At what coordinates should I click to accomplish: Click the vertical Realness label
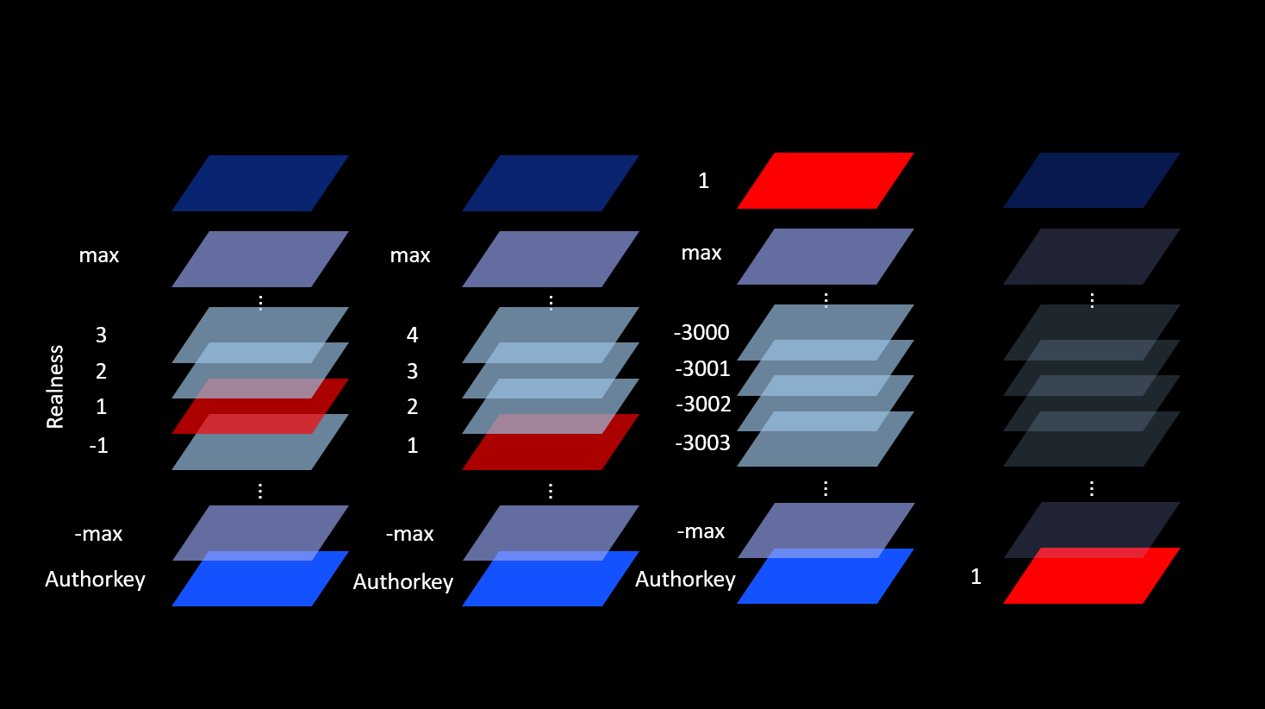tap(55, 386)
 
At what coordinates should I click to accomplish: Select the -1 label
tap(98, 445)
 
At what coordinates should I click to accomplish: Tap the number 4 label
tap(412, 335)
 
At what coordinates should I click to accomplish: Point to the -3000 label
tap(701, 332)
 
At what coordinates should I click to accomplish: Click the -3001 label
tap(702, 368)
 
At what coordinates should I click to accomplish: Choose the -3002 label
tap(703, 404)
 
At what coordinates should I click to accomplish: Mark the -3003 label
tap(702, 442)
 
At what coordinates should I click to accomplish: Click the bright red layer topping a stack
tap(825, 180)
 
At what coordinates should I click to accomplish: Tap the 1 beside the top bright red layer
tap(703, 180)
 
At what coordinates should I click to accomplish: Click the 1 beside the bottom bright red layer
tap(975, 576)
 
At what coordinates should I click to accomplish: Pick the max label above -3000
tap(701, 253)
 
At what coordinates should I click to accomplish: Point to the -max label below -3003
tap(701, 531)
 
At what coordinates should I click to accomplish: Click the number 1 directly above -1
tap(101, 406)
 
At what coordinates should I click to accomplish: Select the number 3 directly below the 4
tap(412, 371)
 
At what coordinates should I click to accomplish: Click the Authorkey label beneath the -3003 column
tap(685, 579)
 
